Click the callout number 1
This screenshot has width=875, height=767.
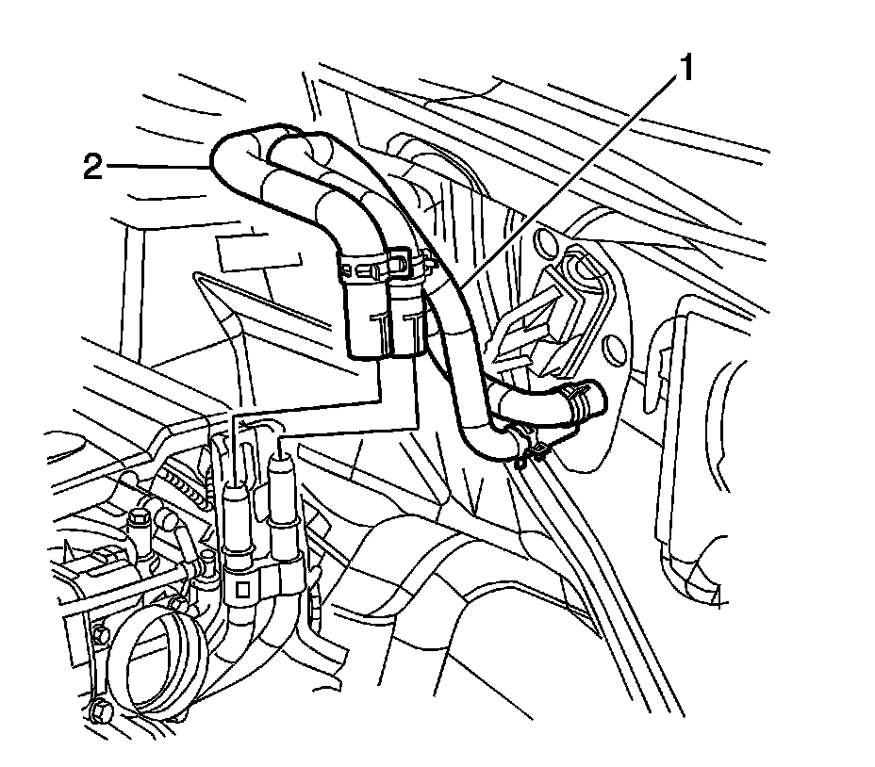tap(688, 68)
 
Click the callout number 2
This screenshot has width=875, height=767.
tap(92, 168)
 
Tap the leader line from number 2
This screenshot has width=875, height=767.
tap(160, 167)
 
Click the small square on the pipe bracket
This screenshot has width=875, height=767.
tap(241, 590)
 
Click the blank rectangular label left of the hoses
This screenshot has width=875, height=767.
tap(258, 253)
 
